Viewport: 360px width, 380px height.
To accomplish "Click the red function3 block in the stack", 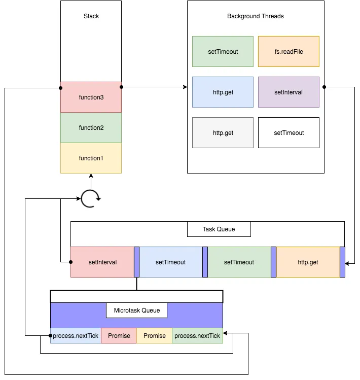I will pyautogui.click(x=91, y=97).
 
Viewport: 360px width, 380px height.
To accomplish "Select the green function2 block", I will pyautogui.click(x=91, y=128).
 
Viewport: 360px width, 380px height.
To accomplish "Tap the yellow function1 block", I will pyautogui.click(x=91, y=158).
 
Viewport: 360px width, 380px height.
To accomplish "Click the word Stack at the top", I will pyautogui.click(x=91, y=16).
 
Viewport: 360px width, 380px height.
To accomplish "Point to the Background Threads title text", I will pyautogui.click(x=255, y=16).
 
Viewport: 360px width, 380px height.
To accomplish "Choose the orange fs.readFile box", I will pyautogui.click(x=289, y=51).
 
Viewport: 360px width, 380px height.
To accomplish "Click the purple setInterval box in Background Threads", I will pyautogui.click(x=289, y=92).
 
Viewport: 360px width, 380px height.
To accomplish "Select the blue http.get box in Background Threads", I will pyautogui.click(x=223, y=92).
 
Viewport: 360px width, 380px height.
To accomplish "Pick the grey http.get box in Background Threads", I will pyautogui.click(x=223, y=133).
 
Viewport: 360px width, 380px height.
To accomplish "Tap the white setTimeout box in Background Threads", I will pyautogui.click(x=289, y=133).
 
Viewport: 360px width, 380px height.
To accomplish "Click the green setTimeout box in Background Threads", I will pyautogui.click(x=223, y=51).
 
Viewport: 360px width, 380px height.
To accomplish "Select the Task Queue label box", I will pyautogui.click(x=219, y=229).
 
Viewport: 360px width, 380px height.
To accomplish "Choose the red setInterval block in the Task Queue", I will pyautogui.click(x=102, y=262).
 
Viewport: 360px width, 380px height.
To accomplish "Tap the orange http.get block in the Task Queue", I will pyautogui.click(x=308, y=262).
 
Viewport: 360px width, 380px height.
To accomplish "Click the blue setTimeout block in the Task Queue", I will pyautogui.click(x=170, y=262).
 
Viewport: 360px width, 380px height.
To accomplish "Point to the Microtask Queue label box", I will pyautogui.click(x=136, y=310).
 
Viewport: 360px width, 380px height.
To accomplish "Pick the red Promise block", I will pyautogui.click(x=119, y=336).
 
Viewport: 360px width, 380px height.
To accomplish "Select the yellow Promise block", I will pyautogui.click(x=154, y=336).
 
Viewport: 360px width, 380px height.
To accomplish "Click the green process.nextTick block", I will pyautogui.click(x=197, y=336).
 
